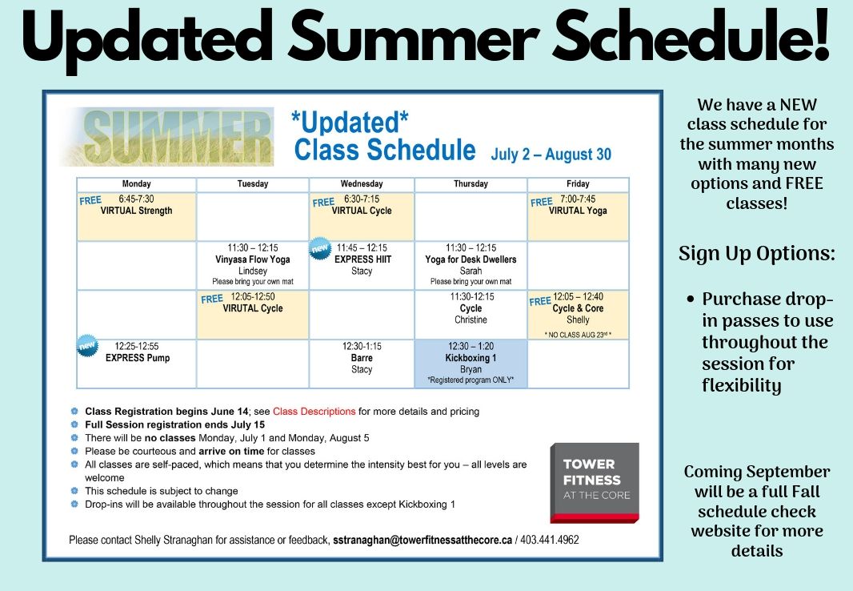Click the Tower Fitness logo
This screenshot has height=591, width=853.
594,483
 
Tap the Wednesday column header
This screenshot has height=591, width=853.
362,184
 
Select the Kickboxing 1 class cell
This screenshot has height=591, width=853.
471,364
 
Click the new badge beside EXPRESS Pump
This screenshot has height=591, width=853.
87,346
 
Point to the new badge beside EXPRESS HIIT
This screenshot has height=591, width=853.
320,248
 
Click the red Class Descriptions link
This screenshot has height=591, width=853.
314,412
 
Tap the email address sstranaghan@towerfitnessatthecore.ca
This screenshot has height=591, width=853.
422,540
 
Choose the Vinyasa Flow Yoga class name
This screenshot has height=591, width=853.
252,259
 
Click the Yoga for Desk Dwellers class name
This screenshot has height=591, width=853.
471,259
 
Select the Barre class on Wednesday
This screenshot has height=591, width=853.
362,358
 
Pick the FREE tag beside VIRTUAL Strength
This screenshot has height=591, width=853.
90,201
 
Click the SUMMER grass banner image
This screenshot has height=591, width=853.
167,137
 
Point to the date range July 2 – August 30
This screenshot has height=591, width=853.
551,155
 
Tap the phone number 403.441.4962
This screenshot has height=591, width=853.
550,540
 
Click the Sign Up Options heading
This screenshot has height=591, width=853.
757,254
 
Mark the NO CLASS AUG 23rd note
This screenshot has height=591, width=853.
578,335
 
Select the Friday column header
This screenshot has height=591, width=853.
578,184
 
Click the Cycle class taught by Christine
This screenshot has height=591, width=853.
471,308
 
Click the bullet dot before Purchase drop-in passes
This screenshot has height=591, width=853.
691,299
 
